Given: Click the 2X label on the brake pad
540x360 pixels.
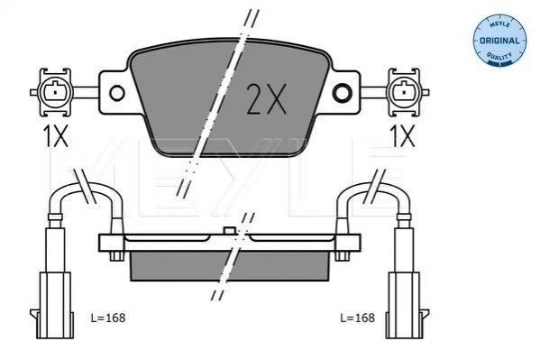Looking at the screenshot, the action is pyautogui.click(x=266, y=99).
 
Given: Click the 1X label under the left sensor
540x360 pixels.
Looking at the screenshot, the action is pyautogui.click(x=55, y=136).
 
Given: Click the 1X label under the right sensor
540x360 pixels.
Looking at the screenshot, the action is pyautogui.click(x=402, y=136).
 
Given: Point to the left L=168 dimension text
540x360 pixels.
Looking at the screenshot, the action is pyautogui.click(x=108, y=318).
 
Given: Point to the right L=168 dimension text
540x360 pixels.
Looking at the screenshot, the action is pyautogui.click(x=357, y=318).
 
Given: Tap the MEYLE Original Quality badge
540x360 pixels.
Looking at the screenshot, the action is pyautogui.click(x=499, y=40).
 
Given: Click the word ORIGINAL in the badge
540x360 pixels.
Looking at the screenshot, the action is pyautogui.click(x=499, y=41).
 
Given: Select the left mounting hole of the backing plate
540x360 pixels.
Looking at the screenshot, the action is pyautogui.click(x=117, y=93).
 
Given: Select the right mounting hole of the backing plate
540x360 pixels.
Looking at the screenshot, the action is pyautogui.click(x=343, y=92).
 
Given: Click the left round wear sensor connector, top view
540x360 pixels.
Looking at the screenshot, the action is pyautogui.click(x=55, y=92).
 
